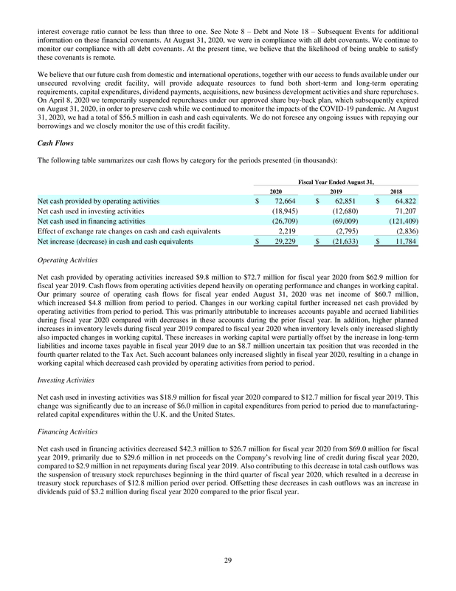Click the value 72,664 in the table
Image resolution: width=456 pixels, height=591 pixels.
(x=284, y=200)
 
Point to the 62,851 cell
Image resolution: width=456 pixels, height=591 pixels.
(x=345, y=200)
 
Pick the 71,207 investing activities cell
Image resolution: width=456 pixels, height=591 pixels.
(x=404, y=211)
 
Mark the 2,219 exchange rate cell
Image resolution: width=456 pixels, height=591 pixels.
(x=286, y=231)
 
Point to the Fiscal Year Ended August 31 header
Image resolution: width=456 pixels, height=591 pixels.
(x=336, y=180)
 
